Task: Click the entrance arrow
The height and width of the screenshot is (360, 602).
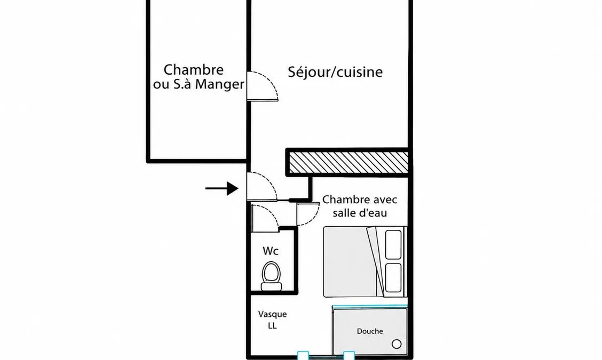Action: [222, 188]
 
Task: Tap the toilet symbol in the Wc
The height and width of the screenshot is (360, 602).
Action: [272, 276]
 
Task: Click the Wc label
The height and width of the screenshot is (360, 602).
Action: [270, 251]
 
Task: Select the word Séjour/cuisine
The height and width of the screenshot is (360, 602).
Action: [335, 72]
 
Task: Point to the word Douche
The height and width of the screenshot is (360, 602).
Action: [370, 331]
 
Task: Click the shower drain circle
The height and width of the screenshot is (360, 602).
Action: [397, 344]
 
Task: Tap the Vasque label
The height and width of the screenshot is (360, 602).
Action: [272, 314]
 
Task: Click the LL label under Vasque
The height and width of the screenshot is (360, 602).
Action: [272, 326]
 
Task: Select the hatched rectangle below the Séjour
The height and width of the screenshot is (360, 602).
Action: [348, 162]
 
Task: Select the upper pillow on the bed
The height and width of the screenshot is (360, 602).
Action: [393, 244]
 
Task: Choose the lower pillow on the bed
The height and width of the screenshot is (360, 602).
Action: [393, 277]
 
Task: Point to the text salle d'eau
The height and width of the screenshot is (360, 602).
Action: [360, 213]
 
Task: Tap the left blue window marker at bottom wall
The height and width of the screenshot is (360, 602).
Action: [303, 355]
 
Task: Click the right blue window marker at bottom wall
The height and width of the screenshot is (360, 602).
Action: [349, 355]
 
